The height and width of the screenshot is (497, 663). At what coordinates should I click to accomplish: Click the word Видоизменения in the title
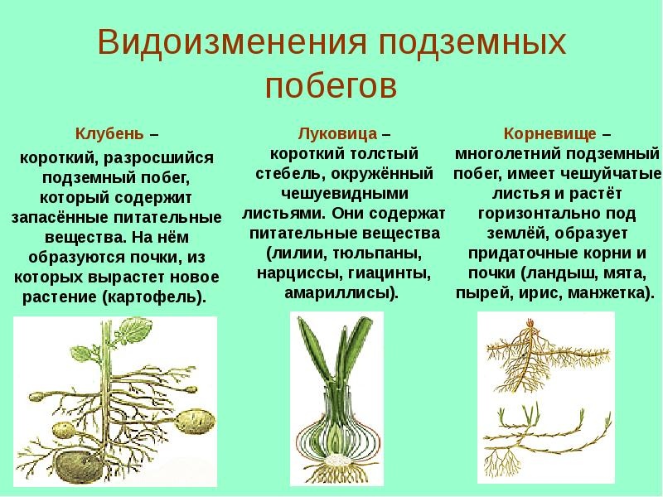[231, 41]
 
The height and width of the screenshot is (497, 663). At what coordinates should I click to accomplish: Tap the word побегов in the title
[331, 87]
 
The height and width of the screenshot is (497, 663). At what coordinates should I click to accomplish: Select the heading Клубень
[109, 133]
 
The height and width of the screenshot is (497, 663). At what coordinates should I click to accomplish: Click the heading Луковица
[337, 133]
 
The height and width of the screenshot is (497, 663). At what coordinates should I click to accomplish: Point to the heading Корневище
[550, 133]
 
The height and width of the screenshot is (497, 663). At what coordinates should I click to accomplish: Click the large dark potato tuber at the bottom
[80, 468]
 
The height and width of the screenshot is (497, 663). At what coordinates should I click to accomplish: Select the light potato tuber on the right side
[195, 422]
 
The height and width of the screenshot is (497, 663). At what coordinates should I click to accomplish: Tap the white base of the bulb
[337, 460]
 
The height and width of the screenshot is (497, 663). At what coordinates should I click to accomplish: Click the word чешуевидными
[345, 194]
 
